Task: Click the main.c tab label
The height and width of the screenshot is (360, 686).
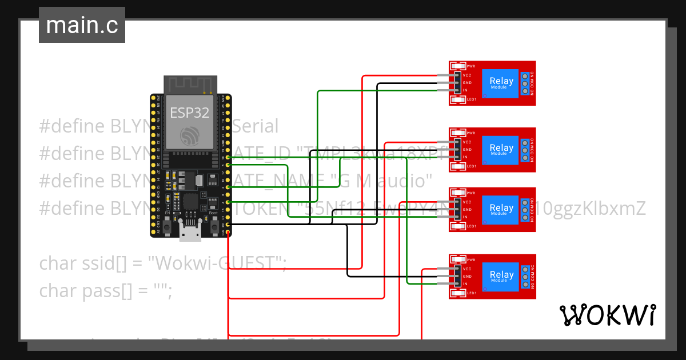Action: (x=82, y=26)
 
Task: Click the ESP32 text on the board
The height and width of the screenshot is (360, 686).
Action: (x=189, y=113)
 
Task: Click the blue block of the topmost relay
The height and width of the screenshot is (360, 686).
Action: (x=501, y=83)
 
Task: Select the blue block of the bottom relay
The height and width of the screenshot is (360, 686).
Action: (x=501, y=277)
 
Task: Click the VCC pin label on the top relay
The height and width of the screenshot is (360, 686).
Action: (x=467, y=75)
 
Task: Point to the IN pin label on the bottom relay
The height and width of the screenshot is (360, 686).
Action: (x=465, y=284)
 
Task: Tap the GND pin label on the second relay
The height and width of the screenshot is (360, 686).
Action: (x=467, y=150)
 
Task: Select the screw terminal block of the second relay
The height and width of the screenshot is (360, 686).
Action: (x=524, y=150)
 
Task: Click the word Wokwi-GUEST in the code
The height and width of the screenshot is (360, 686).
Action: (x=217, y=263)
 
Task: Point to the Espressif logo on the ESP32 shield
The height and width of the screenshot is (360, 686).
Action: (x=190, y=136)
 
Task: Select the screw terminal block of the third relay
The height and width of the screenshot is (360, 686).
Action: (x=524, y=210)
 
